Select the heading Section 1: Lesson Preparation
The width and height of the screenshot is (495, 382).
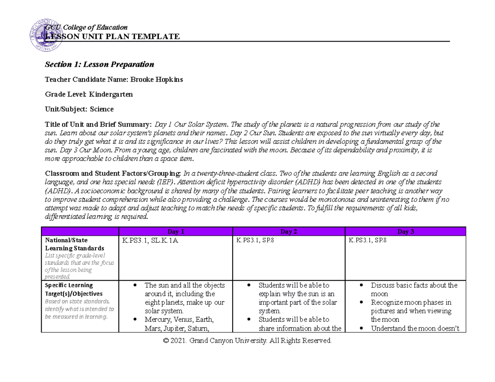click(x=99, y=64)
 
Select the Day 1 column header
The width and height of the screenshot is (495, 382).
click(x=175, y=232)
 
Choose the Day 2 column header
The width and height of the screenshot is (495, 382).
click(x=289, y=232)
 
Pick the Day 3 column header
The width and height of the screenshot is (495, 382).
click(x=405, y=232)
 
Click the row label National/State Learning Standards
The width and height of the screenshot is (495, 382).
click(x=75, y=244)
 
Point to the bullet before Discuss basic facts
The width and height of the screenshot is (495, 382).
click(x=362, y=286)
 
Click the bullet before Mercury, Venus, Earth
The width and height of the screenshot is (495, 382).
click(x=136, y=320)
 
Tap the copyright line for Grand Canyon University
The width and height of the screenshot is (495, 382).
click(x=247, y=341)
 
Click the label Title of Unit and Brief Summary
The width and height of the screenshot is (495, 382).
click(x=98, y=124)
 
